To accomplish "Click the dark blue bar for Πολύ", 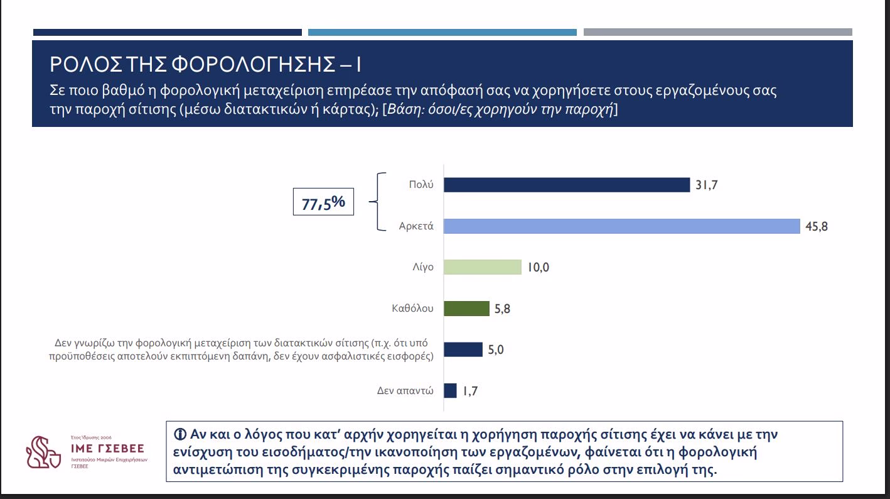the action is [567, 185].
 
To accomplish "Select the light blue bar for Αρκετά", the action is [622, 226].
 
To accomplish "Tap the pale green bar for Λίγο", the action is [483, 267].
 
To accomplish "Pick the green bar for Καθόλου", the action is [466, 309].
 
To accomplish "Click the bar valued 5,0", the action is [463, 349].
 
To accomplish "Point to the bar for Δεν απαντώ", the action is [450, 390].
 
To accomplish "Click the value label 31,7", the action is [707, 185].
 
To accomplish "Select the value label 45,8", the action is [817, 226].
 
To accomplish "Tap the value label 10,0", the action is [539, 267].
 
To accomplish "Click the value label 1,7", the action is [471, 391].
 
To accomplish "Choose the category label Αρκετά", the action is [416, 226].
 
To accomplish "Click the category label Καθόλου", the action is [412, 309].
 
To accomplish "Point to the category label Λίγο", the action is [423, 267].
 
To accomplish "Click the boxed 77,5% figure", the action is [323, 202].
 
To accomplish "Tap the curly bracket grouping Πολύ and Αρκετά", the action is [377, 202].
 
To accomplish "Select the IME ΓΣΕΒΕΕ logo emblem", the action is [43, 452].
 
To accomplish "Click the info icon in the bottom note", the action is [180, 434].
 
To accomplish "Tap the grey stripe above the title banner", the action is [718, 32].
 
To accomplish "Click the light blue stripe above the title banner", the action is [442, 32].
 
